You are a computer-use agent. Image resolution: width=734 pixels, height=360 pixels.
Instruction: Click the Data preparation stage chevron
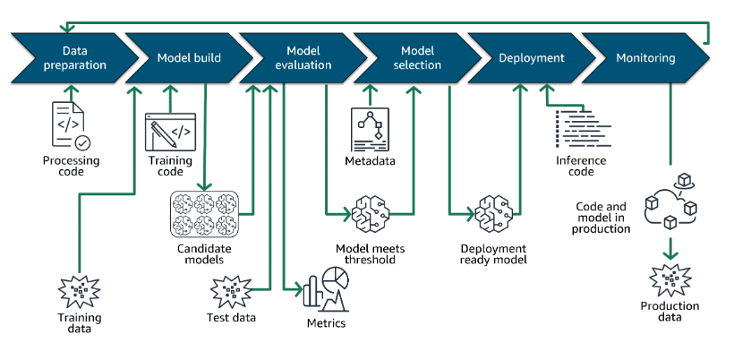point(75,58)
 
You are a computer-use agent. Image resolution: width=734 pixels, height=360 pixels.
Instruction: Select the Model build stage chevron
point(190,58)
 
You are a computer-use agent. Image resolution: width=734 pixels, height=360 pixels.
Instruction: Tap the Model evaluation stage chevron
point(303,58)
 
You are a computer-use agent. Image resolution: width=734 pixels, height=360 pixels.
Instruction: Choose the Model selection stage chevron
point(417,58)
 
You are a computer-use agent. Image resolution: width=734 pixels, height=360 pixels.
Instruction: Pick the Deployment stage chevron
point(532,58)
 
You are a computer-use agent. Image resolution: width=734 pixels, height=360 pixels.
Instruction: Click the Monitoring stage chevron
point(646,58)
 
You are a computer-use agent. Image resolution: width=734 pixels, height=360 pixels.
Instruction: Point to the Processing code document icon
point(71,126)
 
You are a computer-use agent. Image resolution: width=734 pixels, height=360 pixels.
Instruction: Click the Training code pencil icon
point(170,132)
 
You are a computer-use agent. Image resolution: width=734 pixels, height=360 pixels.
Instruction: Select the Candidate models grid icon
point(204,214)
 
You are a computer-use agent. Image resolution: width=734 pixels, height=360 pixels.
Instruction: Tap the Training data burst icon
point(79,292)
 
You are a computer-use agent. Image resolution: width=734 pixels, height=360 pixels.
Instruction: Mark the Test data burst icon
point(231,292)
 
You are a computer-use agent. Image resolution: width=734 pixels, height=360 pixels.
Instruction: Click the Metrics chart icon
point(327,290)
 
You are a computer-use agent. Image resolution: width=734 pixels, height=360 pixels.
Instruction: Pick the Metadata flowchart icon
point(370,130)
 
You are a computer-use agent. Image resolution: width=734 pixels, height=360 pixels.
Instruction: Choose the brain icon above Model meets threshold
point(371,214)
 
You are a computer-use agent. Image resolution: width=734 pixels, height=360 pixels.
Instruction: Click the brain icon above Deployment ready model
point(493,214)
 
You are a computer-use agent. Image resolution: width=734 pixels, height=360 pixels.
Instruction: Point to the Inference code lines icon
point(583,129)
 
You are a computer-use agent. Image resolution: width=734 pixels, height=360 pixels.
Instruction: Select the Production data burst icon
point(670,280)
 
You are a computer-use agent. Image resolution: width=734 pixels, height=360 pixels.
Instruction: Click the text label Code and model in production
point(601,218)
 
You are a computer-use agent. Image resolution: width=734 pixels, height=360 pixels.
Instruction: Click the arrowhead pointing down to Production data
point(670,254)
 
